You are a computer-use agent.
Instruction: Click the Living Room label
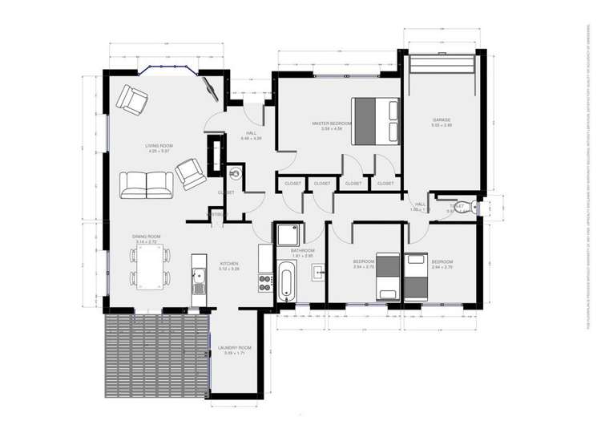click(159, 146)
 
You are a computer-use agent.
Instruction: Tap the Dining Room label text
click(147, 237)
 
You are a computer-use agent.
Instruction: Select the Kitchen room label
click(229, 264)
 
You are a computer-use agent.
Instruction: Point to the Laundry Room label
click(234, 348)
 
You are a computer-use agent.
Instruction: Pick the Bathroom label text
click(302, 251)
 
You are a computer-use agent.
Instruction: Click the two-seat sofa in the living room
click(147, 185)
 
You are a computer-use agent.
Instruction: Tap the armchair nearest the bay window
click(132, 99)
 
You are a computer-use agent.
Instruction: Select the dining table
click(150, 267)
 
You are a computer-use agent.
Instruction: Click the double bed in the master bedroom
click(375, 120)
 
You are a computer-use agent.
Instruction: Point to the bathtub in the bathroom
click(286, 282)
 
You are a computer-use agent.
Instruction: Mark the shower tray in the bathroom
click(287, 235)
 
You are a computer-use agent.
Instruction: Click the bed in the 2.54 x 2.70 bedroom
click(389, 275)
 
